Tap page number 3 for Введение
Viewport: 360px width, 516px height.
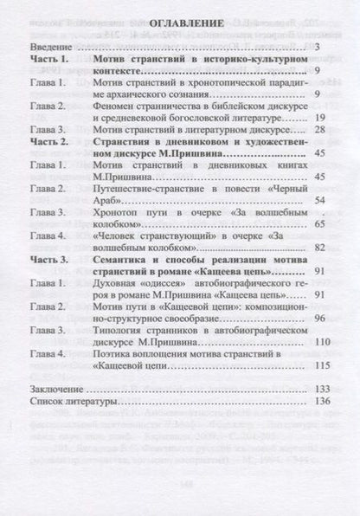pos(318,44)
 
